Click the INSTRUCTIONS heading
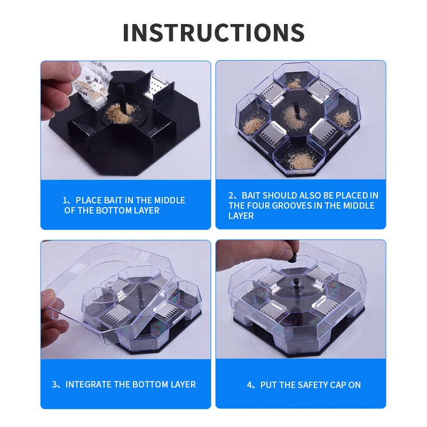click(214, 33)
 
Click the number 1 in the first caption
click(65, 201)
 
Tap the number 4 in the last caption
click(249, 385)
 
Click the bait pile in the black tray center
click(120, 113)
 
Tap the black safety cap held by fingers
click(292, 257)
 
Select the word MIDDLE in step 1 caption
click(169, 201)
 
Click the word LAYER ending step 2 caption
click(241, 216)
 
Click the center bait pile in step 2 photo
click(294, 117)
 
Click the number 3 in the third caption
click(54, 384)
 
